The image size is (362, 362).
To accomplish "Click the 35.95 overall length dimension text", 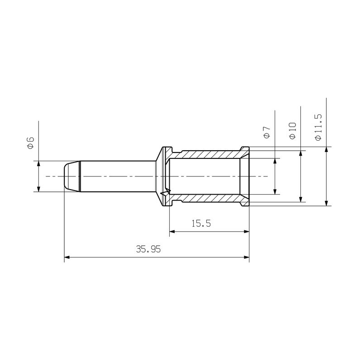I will (148, 249).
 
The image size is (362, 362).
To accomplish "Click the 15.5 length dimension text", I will (201, 223).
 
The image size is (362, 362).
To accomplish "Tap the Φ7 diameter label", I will (267, 132).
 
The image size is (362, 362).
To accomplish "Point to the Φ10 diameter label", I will (292, 130).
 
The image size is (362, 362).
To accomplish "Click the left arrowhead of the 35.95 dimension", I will (67, 257).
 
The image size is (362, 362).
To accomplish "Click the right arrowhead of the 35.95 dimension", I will (247, 257).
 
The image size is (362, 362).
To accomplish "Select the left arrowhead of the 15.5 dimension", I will (172, 232).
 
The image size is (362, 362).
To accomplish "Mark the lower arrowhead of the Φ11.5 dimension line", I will (326, 203).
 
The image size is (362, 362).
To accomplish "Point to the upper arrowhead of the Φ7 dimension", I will (275, 161).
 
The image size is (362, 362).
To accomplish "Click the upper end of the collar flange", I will (167, 148).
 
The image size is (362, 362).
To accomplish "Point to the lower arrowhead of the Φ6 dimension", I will (38, 189).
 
